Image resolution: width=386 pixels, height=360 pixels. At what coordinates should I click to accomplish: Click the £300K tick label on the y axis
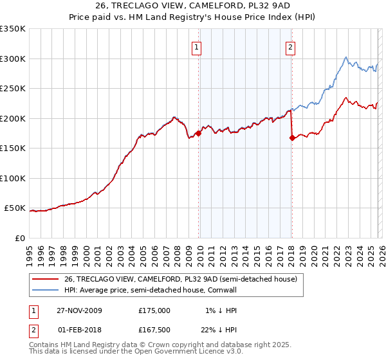pos(13,59)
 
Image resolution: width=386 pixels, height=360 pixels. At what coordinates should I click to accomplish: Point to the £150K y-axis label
pos(13,148)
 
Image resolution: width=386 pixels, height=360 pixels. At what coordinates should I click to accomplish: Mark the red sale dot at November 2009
pos(198,133)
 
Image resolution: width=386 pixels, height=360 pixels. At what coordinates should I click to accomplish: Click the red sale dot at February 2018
pos(292,137)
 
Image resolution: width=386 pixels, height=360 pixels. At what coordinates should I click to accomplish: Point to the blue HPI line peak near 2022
pos(346,57)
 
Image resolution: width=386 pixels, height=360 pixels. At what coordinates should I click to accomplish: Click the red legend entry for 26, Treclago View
pos(180,279)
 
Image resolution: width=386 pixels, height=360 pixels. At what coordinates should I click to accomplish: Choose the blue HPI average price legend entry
pos(161,290)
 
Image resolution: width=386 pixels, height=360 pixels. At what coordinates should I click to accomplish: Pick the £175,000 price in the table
pos(154,310)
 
